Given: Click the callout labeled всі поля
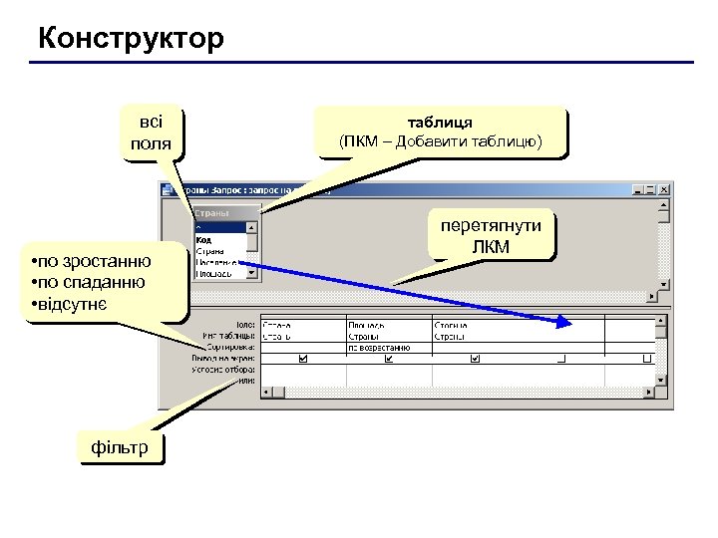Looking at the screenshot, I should tap(151, 133).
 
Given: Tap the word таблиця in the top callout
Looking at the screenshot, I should tap(440, 121).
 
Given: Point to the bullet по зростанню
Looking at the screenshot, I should tap(92, 261).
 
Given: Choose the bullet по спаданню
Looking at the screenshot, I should tap(88, 282).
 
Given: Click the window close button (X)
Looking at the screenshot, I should tap(666, 188).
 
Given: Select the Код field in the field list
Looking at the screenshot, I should tap(203, 239).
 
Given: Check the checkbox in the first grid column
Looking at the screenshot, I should tap(303, 359).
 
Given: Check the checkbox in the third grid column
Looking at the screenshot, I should tap(475, 359).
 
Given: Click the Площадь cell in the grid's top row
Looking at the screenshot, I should tap(367, 325).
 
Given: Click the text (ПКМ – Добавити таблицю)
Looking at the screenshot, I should tap(440, 141).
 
